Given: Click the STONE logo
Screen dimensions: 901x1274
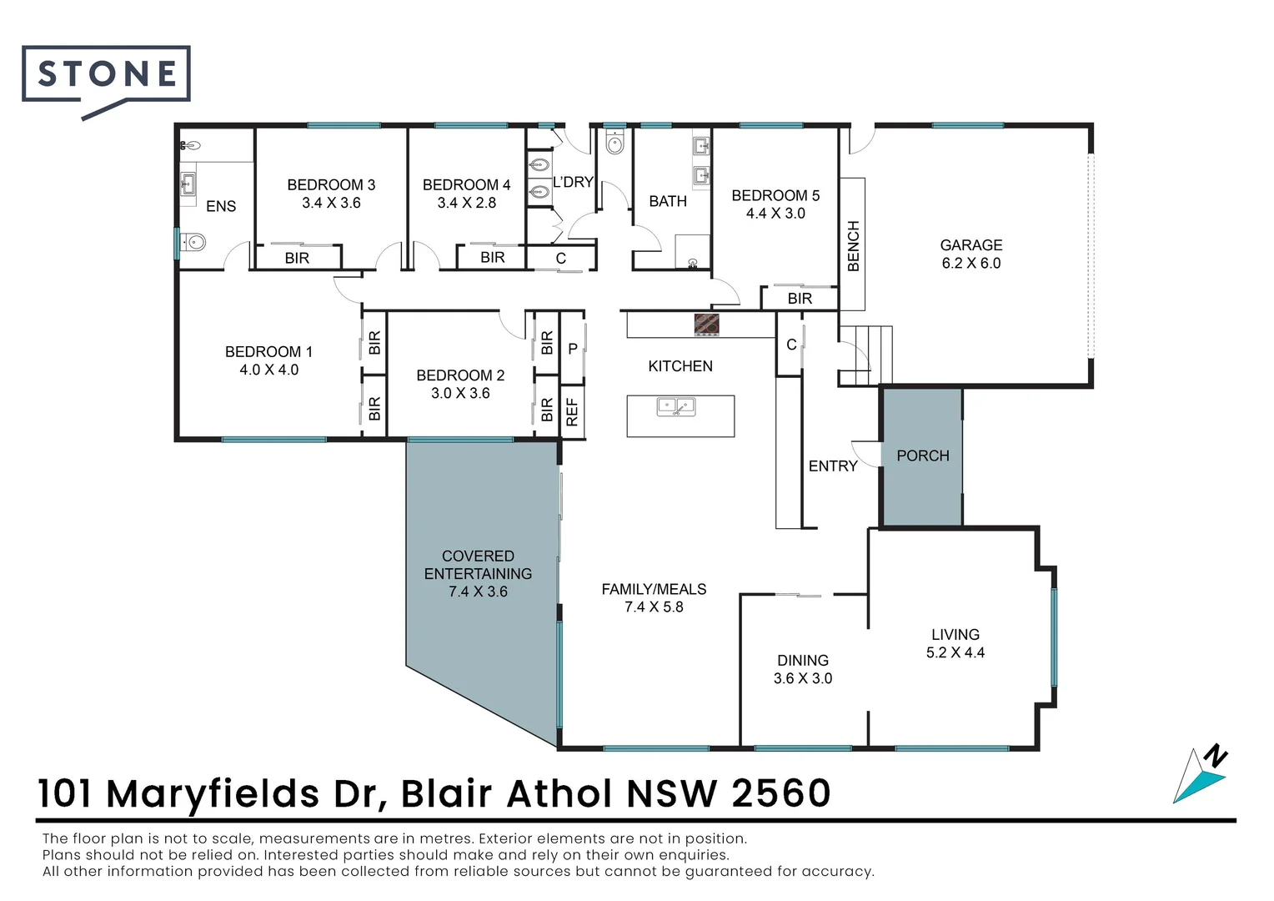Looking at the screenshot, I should (106, 75).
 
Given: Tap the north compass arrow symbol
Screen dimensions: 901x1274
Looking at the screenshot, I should (1201, 776).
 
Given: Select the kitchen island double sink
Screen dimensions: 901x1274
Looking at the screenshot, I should (676, 407).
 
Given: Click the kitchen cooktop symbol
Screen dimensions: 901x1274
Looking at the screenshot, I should (707, 325).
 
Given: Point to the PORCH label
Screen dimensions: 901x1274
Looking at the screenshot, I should (923, 456).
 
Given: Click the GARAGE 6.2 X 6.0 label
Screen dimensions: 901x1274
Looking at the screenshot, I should (971, 254).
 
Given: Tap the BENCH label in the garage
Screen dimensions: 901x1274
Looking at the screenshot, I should (853, 246).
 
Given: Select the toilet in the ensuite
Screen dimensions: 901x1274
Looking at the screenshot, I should (193, 243).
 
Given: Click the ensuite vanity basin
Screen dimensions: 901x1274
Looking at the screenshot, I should (188, 183).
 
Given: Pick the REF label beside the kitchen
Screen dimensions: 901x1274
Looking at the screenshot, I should (572, 412).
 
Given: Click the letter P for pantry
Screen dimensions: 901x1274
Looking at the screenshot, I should (573, 350).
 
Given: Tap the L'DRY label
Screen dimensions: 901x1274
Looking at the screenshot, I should (573, 182).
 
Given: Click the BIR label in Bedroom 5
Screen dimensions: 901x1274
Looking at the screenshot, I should (800, 299).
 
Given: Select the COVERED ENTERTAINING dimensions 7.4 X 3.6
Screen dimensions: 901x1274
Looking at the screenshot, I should (478, 591).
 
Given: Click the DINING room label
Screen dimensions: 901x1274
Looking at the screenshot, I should (803, 660).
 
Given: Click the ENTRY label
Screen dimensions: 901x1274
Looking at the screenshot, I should (833, 466).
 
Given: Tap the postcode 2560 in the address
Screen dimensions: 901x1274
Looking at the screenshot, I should (780, 793).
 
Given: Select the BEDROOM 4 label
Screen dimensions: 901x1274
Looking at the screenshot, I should (466, 185).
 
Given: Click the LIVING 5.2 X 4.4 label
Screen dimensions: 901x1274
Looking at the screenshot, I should (955, 643).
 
